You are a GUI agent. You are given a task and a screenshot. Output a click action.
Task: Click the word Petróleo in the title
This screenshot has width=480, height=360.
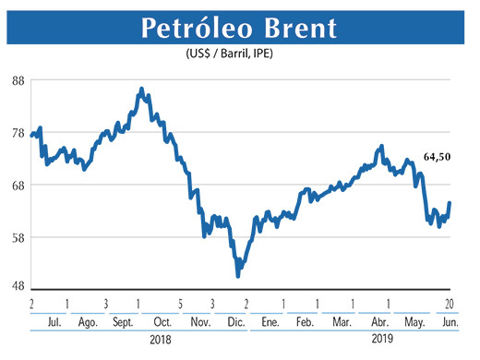coord(190,28)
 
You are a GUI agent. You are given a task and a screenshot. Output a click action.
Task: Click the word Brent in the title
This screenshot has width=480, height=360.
coord(297,28)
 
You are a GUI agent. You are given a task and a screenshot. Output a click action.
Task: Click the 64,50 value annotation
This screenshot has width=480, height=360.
coord(437,158)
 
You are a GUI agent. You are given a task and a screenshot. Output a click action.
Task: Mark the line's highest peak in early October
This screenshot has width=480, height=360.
coord(140,89)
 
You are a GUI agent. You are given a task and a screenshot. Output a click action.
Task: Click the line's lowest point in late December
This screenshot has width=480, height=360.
coord(238,275)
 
